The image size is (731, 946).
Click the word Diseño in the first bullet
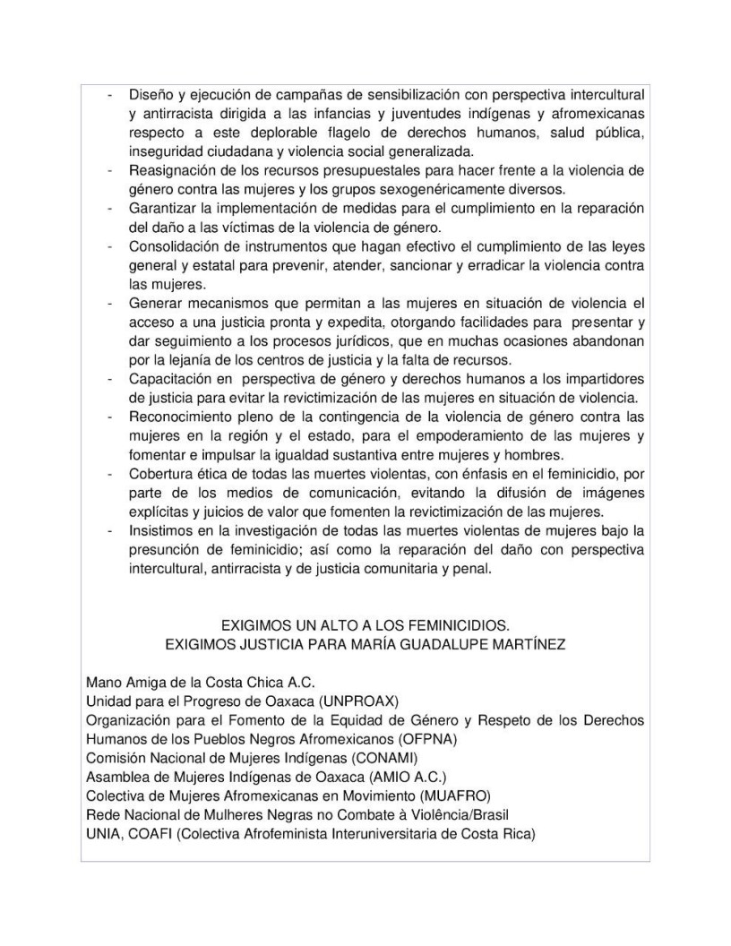tap(151, 94)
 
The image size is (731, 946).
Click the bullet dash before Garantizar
tap(110, 209)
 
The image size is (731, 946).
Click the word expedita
tap(327, 322)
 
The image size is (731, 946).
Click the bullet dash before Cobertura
tap(110, 474)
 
